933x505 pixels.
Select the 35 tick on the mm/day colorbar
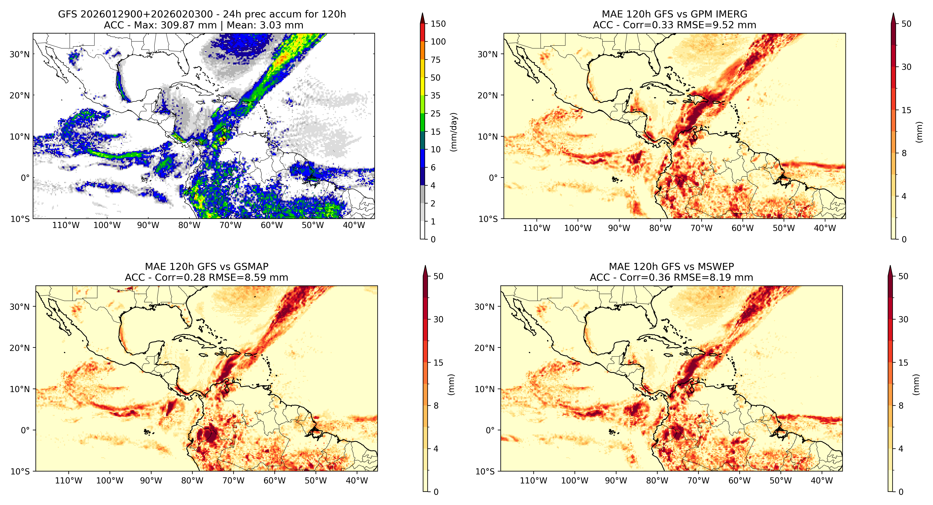435,96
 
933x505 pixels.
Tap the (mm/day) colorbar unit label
453,132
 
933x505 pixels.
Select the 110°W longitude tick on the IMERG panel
536,228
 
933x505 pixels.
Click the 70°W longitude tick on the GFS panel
230,225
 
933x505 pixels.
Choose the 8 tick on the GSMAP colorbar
436,406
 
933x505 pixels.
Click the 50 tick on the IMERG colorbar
906,24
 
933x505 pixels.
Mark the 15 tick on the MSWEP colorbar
903,363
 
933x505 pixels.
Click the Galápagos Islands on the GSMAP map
147,431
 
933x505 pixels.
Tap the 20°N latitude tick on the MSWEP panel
485,348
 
